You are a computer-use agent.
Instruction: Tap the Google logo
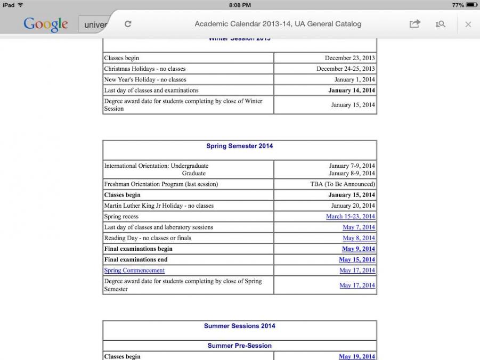(46, 24)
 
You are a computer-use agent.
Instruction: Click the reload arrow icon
(128, 24)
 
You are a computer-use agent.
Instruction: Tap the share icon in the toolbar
(414, 24)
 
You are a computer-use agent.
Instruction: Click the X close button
(468, 24)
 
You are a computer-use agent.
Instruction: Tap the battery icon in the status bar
(471, 5)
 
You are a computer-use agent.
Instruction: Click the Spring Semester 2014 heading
(240, 146)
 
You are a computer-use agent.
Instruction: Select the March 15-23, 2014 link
(351, 217)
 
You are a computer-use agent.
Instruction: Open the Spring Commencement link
(134, 271)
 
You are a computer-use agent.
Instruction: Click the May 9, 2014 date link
(359, 249)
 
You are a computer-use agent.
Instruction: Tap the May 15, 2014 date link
(357, 260)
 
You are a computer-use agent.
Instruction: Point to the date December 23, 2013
(350, 58)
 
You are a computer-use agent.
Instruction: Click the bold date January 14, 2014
(352, 91)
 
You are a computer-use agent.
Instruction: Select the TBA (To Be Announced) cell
(343, 184)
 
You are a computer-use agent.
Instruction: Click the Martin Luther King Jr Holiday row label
(159, 206)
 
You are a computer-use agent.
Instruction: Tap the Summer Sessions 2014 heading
(240, 326)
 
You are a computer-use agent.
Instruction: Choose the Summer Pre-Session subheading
(240, 346)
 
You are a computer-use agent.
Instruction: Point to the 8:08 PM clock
(240, 5)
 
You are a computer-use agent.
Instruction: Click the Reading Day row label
(148, 238)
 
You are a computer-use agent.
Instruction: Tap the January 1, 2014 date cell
(355, 80)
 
